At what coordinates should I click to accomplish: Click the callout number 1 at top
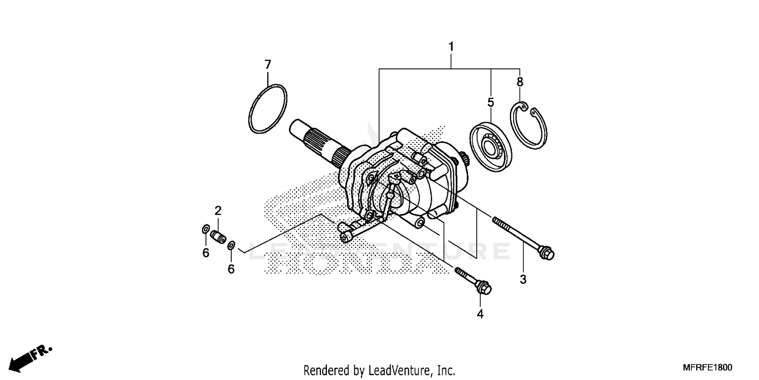451,47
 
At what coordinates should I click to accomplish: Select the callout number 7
268,65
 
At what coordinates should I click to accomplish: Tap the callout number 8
520,82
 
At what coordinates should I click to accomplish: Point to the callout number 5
490,103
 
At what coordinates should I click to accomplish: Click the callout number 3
523,279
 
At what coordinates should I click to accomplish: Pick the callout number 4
480,314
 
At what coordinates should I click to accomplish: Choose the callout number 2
218,211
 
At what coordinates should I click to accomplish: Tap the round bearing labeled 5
490,147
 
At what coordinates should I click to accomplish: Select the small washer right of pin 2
231,246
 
